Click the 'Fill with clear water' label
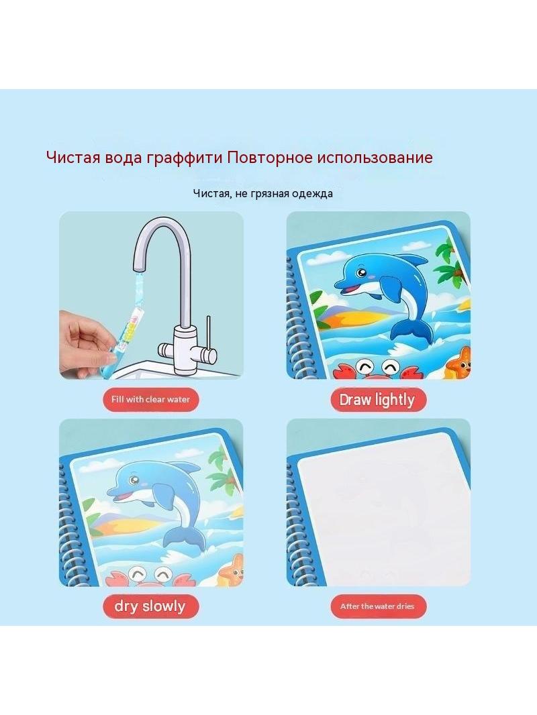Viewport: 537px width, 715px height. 150,400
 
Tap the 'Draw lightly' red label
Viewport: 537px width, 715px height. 377,400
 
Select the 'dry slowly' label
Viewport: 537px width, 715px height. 150,606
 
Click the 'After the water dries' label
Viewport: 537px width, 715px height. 377,606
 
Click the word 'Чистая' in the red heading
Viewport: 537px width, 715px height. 72,158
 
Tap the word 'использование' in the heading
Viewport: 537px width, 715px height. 375,158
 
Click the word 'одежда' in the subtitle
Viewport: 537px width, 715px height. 313,194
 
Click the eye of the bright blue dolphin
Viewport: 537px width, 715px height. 362,273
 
